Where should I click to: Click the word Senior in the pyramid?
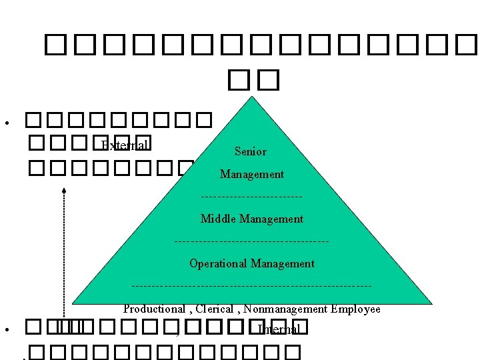251,151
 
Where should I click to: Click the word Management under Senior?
252,174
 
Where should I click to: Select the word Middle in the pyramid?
218,219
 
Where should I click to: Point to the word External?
124,145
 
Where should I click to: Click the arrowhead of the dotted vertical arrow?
64,191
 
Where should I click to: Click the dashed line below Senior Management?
251,196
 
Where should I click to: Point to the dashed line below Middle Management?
251,241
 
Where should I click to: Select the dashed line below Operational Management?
251,286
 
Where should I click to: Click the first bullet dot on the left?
5,123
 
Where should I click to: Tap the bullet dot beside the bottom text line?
5,331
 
